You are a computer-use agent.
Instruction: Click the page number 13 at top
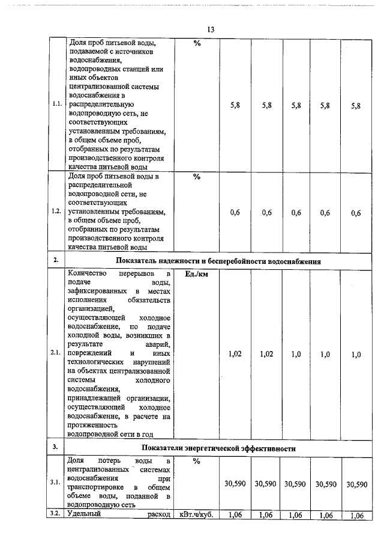[x=211, y=29]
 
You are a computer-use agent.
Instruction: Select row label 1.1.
[x=57, y=105]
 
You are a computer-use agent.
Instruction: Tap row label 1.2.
[x=57, y=212]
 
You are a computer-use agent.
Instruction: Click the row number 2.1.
[x=57, y=354]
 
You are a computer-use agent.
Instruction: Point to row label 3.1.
[x=55, y=483]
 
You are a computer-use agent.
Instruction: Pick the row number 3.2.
[x=56, y=515]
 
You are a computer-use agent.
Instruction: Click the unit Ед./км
[x=196, y=274]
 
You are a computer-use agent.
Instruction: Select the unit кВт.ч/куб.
[x=196, y=515]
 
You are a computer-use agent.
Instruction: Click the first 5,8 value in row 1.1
[x=235, y=105]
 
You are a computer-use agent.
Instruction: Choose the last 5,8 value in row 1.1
[x=356, y=105]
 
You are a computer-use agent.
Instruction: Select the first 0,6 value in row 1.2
[x=235, y=212]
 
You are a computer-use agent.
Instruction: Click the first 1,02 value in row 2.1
[x=235, y=355]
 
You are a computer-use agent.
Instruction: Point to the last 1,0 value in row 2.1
[x=356, y=355]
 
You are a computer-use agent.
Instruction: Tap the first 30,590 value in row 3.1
[x=235, y=483]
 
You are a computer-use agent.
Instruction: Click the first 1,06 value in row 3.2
[x=235, y=515]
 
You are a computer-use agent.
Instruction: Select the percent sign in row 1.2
[x=196, y=177]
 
